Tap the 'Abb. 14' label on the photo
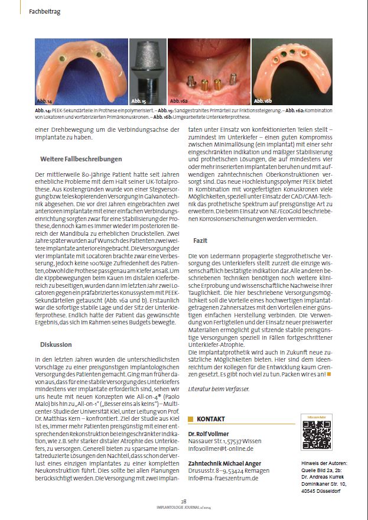45,102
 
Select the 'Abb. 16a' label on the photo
180,102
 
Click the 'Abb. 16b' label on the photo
263,102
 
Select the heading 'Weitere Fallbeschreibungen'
81,159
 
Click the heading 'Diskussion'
57,344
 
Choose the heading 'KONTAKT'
211,419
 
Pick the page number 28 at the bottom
184,500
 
